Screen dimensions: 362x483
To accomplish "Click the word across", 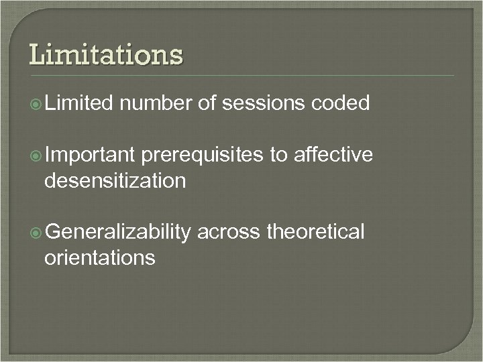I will point(229,233).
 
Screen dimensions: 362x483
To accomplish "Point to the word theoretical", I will point(315,233).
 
